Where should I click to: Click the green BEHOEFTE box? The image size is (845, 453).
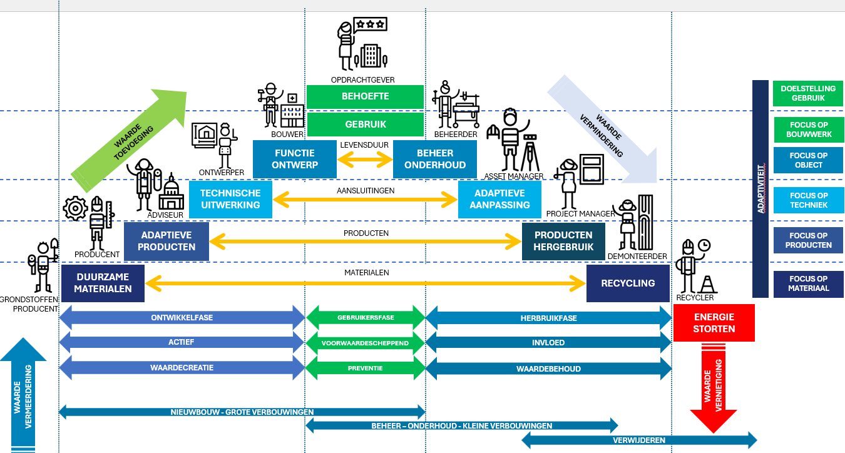(365, 96)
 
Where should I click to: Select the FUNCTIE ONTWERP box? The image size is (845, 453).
(295, 159)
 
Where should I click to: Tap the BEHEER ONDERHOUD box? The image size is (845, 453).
(435, 159)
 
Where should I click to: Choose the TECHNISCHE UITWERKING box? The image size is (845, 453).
(230, 199)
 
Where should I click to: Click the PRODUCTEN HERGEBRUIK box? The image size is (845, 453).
(563, 241)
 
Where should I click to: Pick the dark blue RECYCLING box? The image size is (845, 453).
(628, 283)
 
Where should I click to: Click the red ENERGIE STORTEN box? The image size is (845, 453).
(714, 323)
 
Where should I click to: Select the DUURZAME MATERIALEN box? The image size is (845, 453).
(103, 283)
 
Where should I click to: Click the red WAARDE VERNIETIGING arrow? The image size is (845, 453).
(714, 389)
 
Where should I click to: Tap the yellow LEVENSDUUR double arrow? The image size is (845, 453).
(365, 159)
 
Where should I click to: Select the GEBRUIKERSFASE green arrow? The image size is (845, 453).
(365, 318)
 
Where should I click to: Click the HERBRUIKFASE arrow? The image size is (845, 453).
(548, 318)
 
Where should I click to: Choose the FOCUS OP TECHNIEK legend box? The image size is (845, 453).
(809, 200)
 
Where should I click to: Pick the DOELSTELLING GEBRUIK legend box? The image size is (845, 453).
(808, 93)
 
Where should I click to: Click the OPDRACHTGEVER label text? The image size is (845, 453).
(363, 80)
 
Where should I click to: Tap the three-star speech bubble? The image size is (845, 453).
(371, 24)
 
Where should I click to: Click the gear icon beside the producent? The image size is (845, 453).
(76, 208)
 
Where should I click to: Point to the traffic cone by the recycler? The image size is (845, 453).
(707, 285)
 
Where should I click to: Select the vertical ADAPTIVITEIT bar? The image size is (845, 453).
(760, 188)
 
